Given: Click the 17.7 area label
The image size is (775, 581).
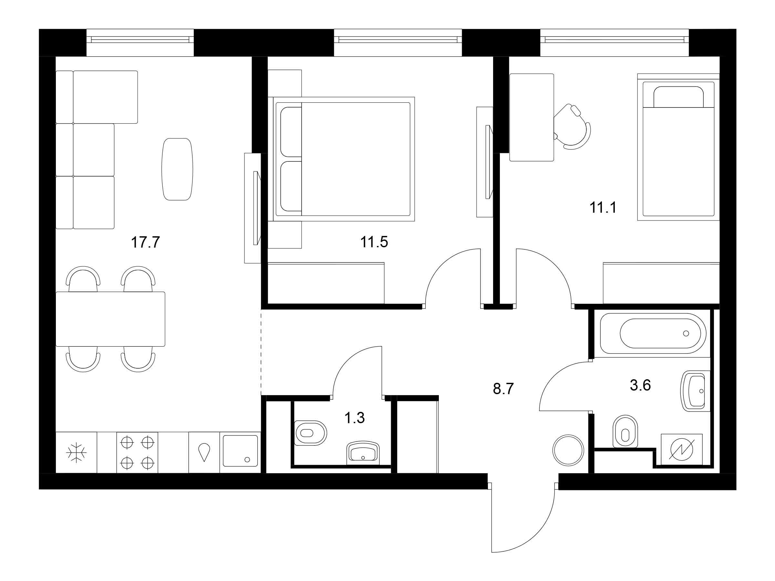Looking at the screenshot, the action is tap(145, 242).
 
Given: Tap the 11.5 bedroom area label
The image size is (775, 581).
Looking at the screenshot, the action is tap(374, 242).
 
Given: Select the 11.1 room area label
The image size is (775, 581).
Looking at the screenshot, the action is tap(603, 207).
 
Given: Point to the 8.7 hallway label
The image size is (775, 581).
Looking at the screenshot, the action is tap(503, 389).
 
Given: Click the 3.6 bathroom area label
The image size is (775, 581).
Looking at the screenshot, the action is tap(640, 385).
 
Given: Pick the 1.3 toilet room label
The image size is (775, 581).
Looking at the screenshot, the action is tap(355, 418).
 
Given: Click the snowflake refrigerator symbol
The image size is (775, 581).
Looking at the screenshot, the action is tap(77, 453).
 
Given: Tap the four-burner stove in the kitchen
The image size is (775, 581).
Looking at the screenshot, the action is tap(137, 453).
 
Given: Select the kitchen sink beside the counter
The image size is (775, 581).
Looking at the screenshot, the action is tap(240, 451).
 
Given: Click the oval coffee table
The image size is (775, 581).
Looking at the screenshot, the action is tap(177, 169).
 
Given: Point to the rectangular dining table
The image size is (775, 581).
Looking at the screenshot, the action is tap(110, 319).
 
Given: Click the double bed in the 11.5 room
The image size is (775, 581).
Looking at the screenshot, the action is tap(341, 159).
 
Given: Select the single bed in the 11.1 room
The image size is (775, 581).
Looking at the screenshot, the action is tap(678, 147).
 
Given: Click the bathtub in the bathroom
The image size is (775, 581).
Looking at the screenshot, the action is tap(653, 333).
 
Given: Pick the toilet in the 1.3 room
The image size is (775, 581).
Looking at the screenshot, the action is tap(310, 433).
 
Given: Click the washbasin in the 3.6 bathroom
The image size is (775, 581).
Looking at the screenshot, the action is tap(695, 391).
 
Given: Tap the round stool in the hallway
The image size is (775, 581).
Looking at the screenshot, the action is tap(568, 450).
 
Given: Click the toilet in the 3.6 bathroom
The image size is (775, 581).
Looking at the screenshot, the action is tap(625, 431).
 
